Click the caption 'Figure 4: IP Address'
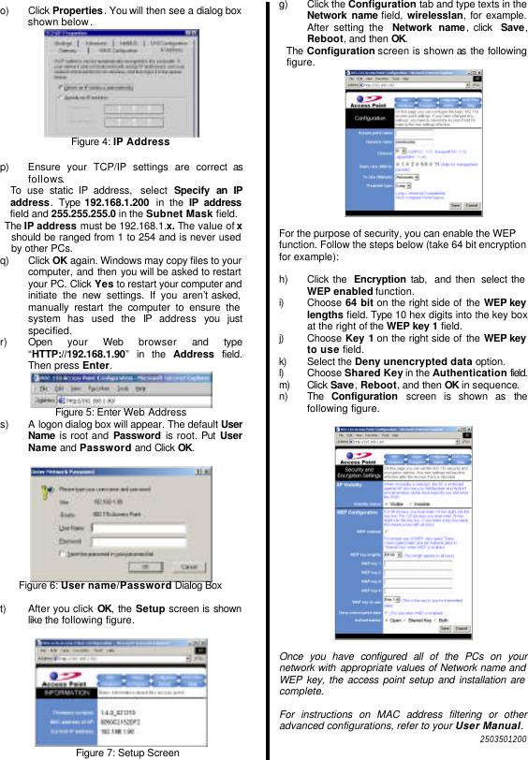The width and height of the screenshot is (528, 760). tap(121, 141)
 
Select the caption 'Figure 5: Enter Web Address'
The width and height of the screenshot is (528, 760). tap(121, 412)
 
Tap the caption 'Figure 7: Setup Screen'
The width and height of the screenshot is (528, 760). tap(127, 752)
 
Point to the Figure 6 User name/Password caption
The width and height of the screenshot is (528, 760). tap(120, 585)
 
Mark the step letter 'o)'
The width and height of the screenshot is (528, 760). tap(7, 7)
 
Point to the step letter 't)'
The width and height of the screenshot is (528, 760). tap(6, 608)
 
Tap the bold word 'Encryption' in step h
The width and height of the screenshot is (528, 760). tap(378, 280)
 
